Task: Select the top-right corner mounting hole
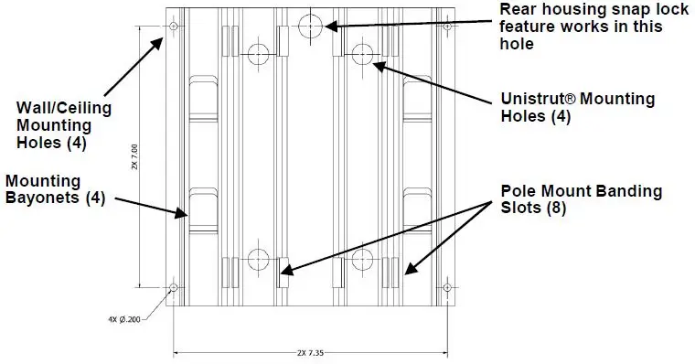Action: pos(446,26)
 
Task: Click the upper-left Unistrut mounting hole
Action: pos(258,52)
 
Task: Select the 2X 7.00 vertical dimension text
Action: pos(134,157)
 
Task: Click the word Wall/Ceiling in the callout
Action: pos(58,109)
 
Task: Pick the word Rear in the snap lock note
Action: pos(518,9)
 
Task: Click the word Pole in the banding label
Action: pos(518,192)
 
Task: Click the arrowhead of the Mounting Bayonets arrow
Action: pos(187,215)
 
